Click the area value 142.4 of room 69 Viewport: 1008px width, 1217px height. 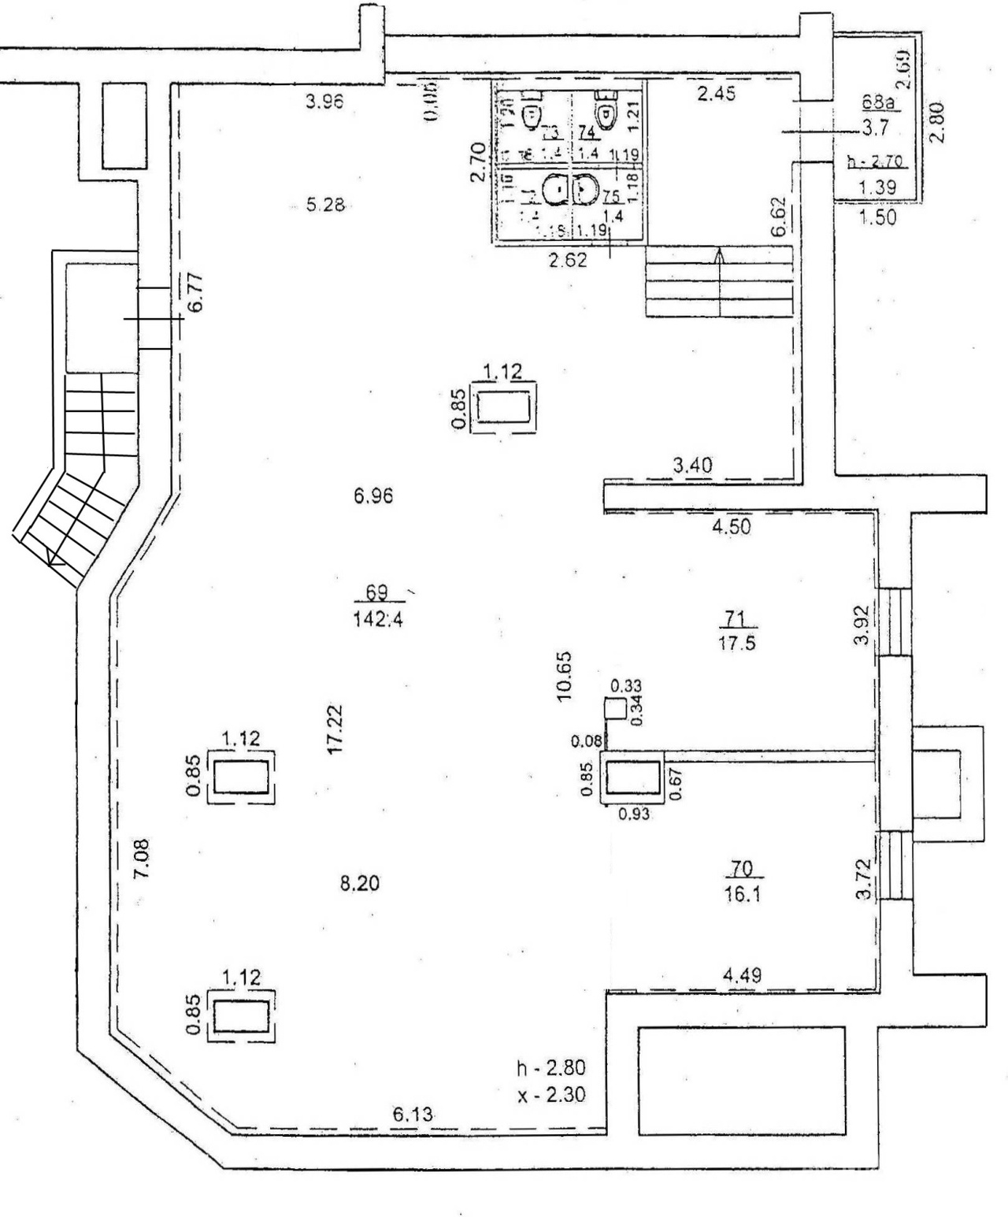point(380,619)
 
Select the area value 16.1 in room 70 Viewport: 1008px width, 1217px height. point(741,895)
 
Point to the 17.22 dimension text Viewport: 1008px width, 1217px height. point(335,730)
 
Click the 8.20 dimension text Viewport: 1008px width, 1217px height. point(359,884)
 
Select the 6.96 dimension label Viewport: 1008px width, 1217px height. point(373,496)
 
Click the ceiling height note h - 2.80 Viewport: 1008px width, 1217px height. point(550,1069)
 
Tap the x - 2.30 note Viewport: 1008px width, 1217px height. point(550,1095)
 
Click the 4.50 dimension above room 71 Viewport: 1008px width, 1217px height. point(732,527)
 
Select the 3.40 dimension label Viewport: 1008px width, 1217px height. point(693,466)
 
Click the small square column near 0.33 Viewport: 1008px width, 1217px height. point(614,708)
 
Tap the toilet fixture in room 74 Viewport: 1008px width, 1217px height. point(605,111)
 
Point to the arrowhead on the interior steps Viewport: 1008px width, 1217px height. point(719,254)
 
